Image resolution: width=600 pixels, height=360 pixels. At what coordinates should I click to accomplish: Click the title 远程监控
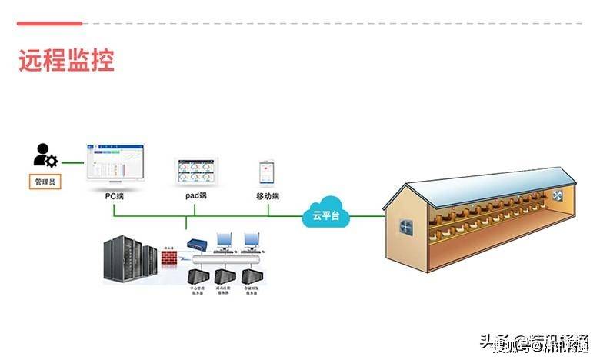(x=66, y=61)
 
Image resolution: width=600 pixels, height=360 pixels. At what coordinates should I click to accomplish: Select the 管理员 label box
(x=45, y=182)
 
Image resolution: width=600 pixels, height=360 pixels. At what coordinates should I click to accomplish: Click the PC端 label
(x=115, y=196)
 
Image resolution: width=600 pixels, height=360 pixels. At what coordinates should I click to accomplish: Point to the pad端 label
(x=196, y=196)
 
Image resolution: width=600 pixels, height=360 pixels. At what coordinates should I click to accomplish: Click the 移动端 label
(x=268, y=196)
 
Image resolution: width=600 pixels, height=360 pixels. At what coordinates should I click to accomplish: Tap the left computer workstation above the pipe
(x=224, y=242)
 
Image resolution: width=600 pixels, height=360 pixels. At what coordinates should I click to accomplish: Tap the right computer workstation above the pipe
(x=251, y=242)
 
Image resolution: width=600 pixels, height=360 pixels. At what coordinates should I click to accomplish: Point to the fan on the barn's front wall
(x=405, y=228)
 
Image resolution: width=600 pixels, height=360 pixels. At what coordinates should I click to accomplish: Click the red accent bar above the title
(x=49, y=24)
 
